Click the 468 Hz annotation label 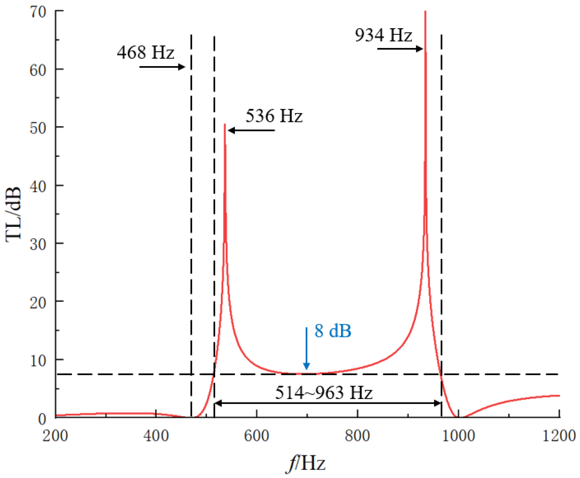coord(145,52)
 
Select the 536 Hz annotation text coord(274,116)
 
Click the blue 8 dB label coord(333,331)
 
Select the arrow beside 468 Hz coord(162,67)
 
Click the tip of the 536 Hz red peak coord(225,125)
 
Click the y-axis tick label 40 coord(38,186)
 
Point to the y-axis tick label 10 coord(38,361)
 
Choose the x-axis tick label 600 coord(256,436)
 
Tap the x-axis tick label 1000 coord(458,436)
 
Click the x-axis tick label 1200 coord(559,436)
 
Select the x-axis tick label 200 coord(55,436)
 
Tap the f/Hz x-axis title coord(306,464)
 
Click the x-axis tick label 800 coord(357,436)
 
